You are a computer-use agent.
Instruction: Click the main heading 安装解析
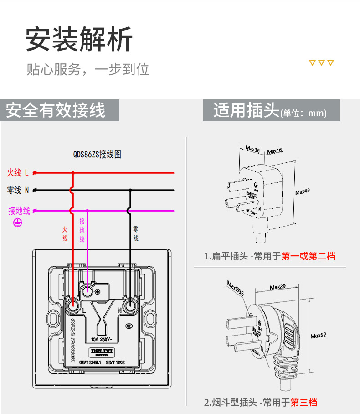79,40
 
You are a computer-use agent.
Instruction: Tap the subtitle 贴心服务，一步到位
87,69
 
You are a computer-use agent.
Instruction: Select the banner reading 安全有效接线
56,111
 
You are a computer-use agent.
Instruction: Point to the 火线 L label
17,173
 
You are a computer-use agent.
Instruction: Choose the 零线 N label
18,190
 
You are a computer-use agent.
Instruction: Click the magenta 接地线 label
19,211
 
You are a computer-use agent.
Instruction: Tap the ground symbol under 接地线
17,223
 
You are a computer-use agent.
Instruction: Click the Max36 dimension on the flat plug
252,149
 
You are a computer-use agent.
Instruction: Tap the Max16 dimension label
275,150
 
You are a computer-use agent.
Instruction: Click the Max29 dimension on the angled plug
278,287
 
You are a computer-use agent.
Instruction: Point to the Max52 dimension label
319,336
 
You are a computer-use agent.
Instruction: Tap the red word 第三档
303,402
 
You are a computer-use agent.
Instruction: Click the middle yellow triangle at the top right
321,62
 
